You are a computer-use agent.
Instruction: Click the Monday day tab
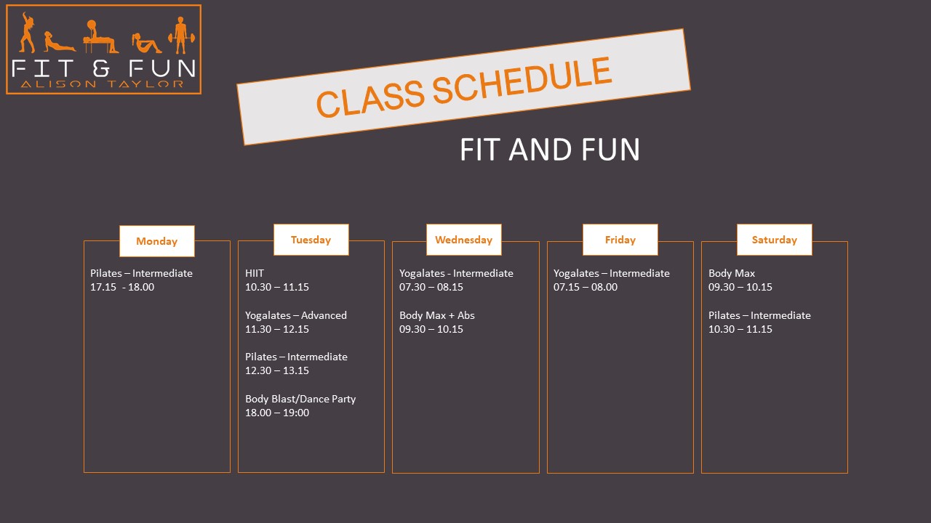tap(156, 241)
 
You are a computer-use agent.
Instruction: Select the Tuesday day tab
tap(311, 240)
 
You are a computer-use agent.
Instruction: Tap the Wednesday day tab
tap(464, 240)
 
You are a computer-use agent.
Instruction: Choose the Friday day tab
tap(620, 240)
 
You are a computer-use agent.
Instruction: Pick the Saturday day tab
tap(775, 240)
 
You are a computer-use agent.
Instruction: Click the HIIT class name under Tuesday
tap(255, 273)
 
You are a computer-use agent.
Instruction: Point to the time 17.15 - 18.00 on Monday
tap(122, 287)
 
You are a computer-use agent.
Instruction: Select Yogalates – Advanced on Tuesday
tap(296, 315)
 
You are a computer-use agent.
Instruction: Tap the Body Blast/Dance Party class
tap(300, 399)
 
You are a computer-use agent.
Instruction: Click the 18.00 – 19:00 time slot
tap(277, 413)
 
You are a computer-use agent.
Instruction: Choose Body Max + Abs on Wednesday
tap(437, 315)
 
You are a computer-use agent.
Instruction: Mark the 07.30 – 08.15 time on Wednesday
tap(431, 287)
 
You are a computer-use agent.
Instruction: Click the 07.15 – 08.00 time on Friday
tap(586, 287)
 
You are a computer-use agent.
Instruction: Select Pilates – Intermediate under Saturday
tap(759, 315)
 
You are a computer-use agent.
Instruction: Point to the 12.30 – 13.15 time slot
tap(277, 370)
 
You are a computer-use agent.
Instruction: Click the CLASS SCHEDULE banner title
tap(464, 86)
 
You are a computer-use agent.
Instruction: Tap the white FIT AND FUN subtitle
tap(549, 150)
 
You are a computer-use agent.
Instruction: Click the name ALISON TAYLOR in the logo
tap(103, 84)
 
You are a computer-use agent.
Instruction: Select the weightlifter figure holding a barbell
tap(181, 36)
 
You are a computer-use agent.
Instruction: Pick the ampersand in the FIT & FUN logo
tap(101, 68)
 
